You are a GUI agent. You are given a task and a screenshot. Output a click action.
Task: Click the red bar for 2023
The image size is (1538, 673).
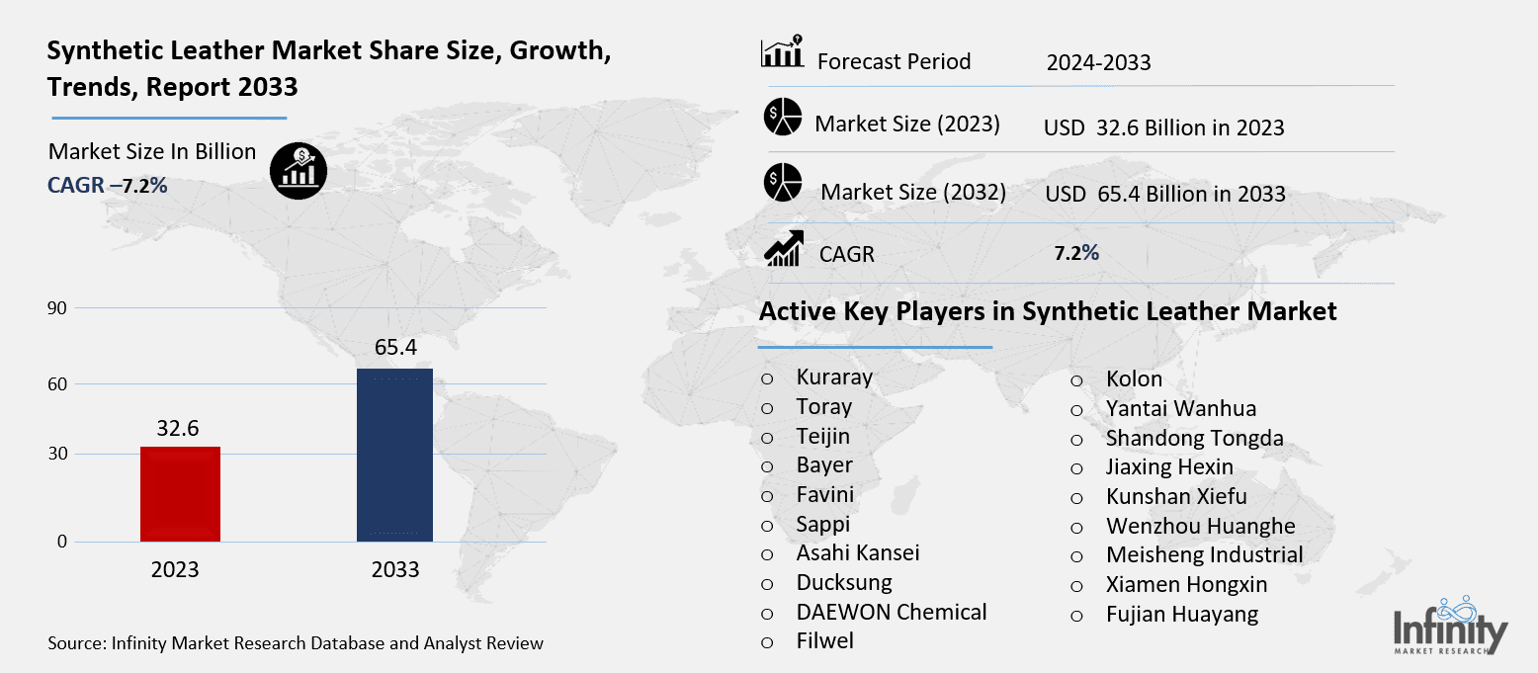[x=180, y=494]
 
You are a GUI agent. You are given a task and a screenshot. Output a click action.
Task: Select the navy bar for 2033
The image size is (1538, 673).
[x=394, y=455]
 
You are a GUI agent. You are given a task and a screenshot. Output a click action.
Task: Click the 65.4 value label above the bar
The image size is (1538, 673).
[x=395, y=348]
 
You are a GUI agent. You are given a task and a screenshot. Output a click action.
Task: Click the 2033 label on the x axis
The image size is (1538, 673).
[x=395, y=570]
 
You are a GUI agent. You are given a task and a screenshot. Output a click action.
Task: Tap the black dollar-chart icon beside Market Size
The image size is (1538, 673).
[x=299, y=171]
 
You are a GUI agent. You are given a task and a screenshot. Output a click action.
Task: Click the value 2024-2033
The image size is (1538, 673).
[x=1098, y=63]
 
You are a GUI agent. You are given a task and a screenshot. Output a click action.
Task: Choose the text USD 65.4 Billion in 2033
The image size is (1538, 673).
[x=1165, y=194]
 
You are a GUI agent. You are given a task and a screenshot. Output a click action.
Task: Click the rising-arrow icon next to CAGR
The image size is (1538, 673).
[x=783, y=249]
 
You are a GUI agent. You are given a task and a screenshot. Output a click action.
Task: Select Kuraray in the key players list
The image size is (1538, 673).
[x=834, y=378]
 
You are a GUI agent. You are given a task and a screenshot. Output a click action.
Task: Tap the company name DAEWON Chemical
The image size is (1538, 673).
[x=892, y=612]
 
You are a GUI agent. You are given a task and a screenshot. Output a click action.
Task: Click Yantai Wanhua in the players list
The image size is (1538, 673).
[x=1181, y=408]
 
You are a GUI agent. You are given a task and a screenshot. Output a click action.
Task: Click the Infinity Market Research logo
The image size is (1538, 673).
[x=1450, y=625]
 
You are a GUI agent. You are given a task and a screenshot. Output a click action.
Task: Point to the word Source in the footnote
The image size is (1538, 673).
[x=76, y=643]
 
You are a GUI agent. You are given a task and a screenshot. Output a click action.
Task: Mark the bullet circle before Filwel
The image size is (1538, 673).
[x=767, y=642]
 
